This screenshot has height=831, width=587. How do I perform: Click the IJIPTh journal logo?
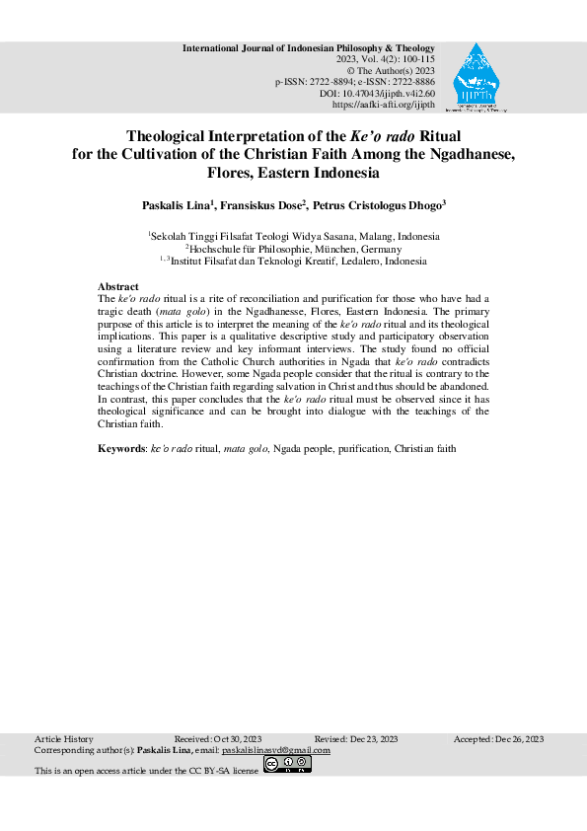(477, 78)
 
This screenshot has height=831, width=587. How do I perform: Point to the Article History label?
(63, 739)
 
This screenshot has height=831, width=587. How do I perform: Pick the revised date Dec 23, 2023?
(378, 739)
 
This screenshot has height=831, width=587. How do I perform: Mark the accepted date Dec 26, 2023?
(522, 739)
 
